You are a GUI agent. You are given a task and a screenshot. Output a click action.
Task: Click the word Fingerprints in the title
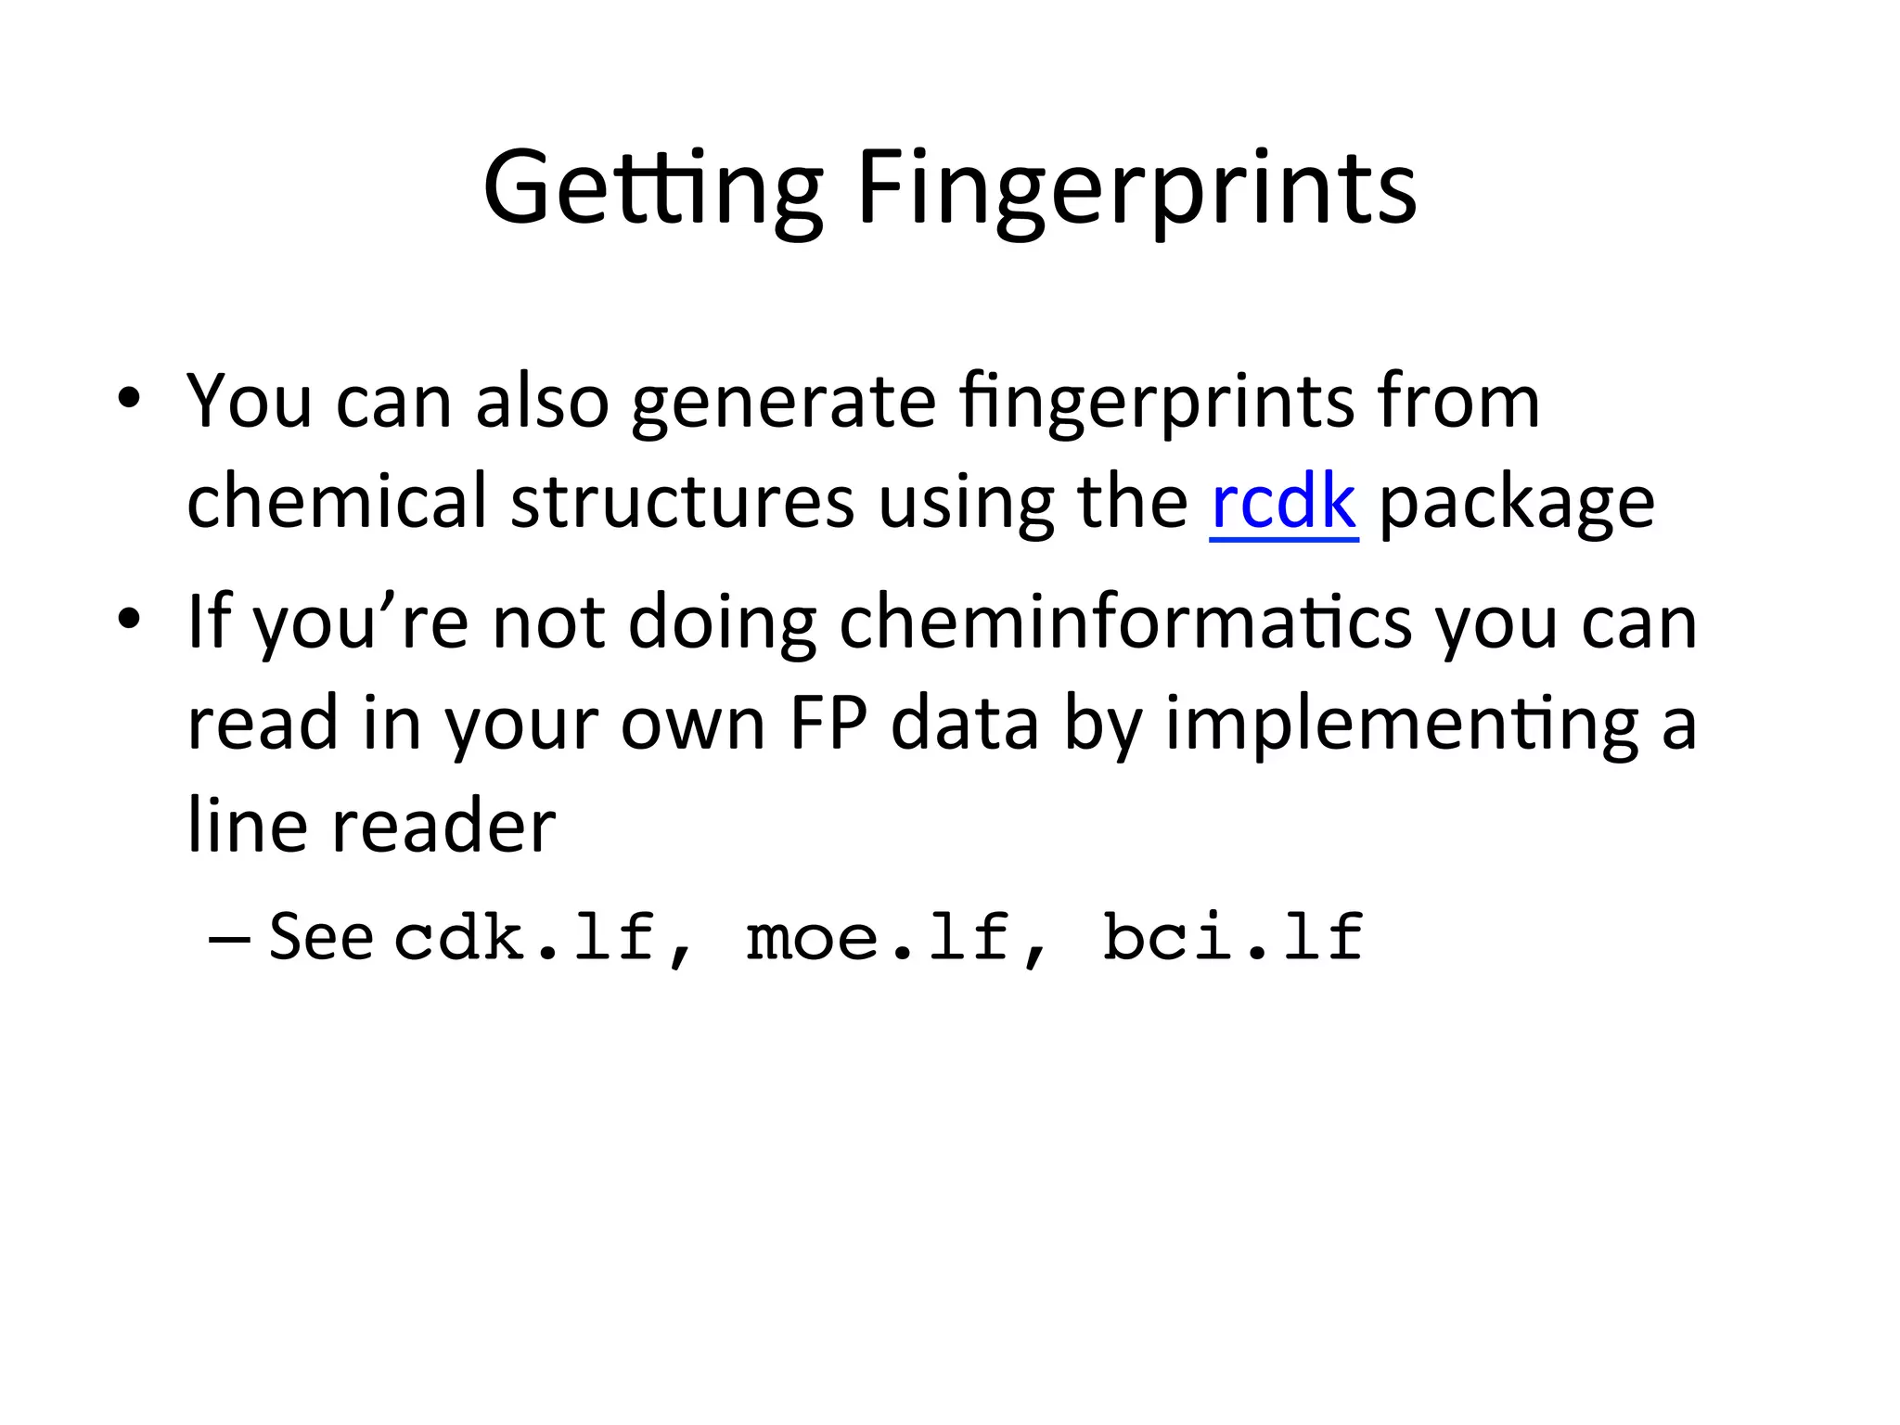pyautogui.click(x=1136, y=189)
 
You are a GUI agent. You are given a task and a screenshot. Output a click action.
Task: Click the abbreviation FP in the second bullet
pyautogui.click(x=828, y=724)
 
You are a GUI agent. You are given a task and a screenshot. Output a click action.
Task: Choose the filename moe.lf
pyautogui.click(x=878, y=937)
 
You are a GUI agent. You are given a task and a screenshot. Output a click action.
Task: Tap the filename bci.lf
pyautogui.click(x=1233, y=937)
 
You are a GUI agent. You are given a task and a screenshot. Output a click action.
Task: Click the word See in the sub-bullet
pyautogui.click(x=321, y=937)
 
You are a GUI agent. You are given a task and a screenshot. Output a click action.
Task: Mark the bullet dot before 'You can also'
pyautogui.click(x=129, y=399)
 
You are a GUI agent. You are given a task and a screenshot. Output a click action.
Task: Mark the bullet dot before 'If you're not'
pyautogui.click(x=129, y=619)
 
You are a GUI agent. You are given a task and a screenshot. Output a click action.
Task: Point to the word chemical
pyautogui.click(x=337, y=501)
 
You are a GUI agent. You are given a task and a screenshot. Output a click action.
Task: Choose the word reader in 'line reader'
pyautogui.click(x=443, y=826)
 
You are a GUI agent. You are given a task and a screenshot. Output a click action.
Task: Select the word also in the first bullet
pyautogui.click(x=542, y=401)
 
